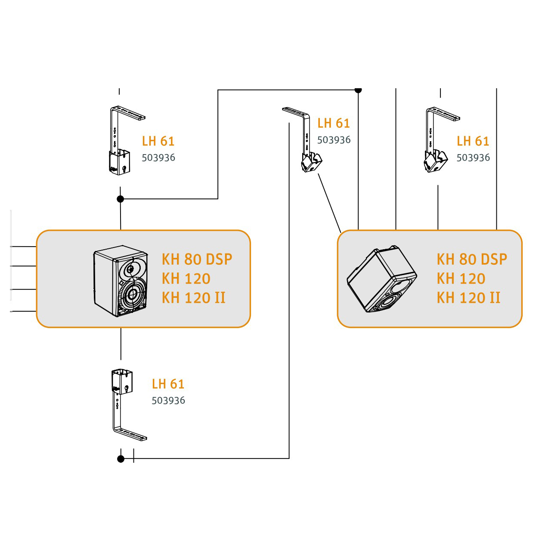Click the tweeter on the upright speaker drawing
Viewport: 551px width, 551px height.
pyautogui.click(x=130, y=269)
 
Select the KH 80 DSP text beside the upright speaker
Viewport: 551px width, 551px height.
pyautogui.click(x=197, y=259)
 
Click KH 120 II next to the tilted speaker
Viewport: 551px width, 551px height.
pyautogui.click(x=468, y=297)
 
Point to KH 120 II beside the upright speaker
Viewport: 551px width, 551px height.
pyautogui.click(x=194, y=297)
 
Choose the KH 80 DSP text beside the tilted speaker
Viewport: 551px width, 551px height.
pyautogui.click(x=472, y=259)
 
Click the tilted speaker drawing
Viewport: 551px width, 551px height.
pyautogui.click(x=382, y=279)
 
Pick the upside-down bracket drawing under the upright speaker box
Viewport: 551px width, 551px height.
pyautogui.click(x=129, y=405)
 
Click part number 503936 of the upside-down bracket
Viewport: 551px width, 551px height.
pyautogui.click(x=168, y=401)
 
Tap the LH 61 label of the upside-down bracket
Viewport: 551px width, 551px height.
pyautogui.click(x=168, y=384)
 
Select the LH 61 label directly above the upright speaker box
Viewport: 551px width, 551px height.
pyautogui.click(x=158, y=141)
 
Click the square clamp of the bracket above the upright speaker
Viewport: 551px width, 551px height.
pyautogui.click(x=119, y=162)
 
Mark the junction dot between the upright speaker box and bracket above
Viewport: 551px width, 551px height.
pyautogui.click(x=121, y=199)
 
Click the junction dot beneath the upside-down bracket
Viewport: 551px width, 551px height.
pyautogui.click(x=121, y=459)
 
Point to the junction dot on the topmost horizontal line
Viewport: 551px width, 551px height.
pyautogui.click(x=358, y=90)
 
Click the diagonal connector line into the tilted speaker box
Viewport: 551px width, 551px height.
pyautogui.click(x=329, y=203)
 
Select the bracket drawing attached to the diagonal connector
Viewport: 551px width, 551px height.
pyautogui.click(x=303, y=139)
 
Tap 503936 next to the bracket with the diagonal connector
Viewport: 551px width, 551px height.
pyautogui.click(x=334, y=140)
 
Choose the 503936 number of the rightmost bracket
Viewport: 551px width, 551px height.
pyautogui.click(x=473, y=158)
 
